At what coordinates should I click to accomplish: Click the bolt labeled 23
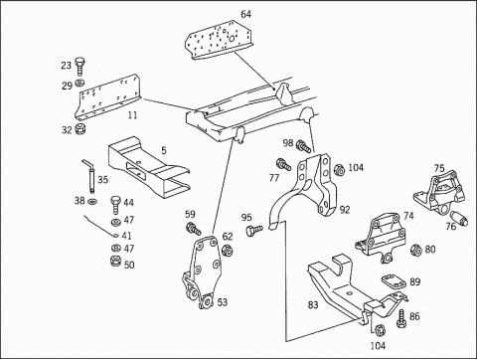point(79,67)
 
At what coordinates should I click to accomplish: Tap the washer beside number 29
point(79,83)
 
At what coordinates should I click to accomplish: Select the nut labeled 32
point(80,128)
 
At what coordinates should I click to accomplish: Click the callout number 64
point(245,14)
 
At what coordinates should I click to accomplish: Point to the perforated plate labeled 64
point(219,39)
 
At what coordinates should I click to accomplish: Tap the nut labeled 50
point(115,262)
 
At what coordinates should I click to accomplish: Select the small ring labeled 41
point(115,236)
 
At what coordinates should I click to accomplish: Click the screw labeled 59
point(194,229)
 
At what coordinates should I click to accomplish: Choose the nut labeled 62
point(227,251)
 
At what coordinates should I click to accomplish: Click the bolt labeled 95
point(254,230)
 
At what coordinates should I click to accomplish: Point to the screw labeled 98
point(304,146)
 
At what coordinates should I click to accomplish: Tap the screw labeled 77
point(283,164)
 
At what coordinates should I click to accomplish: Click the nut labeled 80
point(415,251)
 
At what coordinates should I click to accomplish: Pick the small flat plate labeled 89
point(394,280)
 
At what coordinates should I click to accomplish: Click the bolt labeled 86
point(401,318)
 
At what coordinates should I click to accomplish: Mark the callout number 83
point(313,304)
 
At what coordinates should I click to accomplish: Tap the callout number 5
point(164,150)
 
